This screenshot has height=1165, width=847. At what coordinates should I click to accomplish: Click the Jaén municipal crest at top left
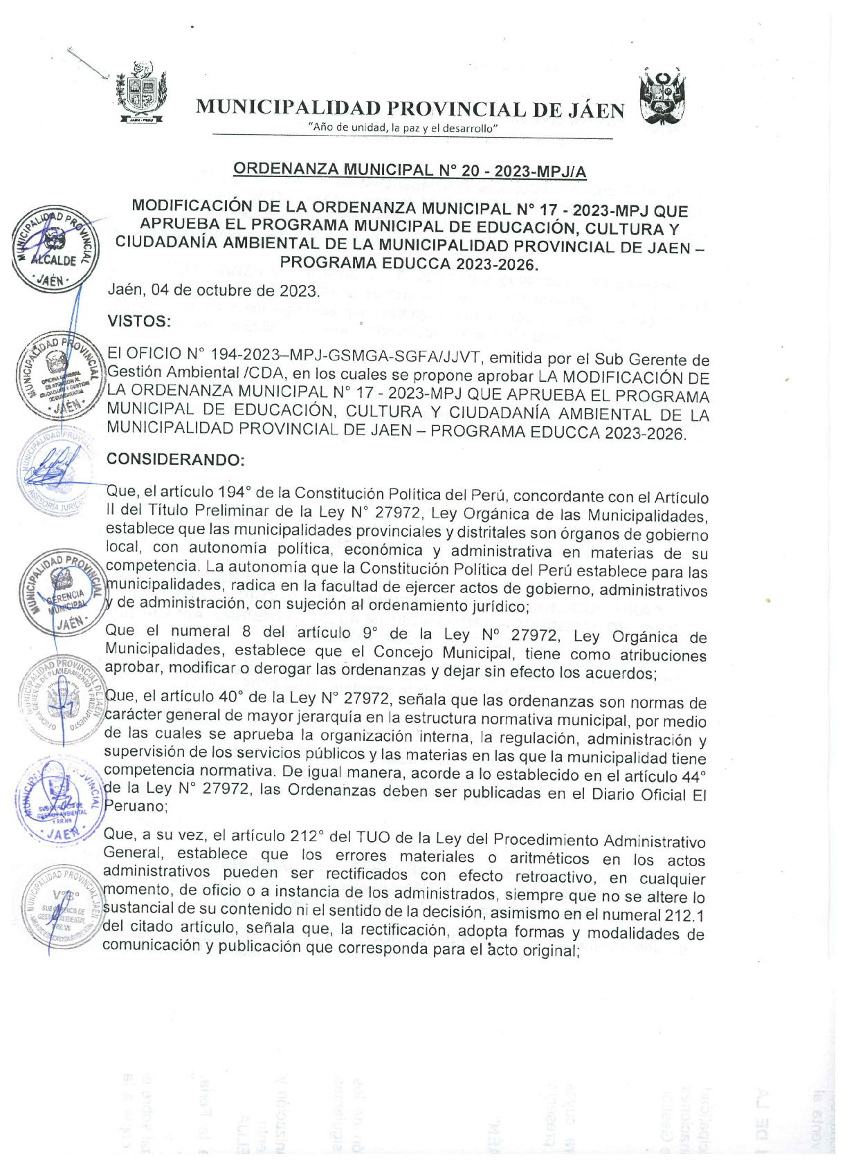pos(141,93)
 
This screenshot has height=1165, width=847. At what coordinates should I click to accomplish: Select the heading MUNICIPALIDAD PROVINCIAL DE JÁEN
pos(410,109)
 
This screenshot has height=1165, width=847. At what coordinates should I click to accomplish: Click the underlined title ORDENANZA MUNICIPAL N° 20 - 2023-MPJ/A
pos(410,169)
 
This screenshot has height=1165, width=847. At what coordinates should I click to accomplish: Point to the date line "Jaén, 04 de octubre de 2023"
pos(213,290)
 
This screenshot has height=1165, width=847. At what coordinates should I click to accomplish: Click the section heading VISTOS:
pos(138,321)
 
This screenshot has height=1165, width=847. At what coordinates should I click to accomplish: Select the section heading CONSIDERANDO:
pos(175,459)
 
